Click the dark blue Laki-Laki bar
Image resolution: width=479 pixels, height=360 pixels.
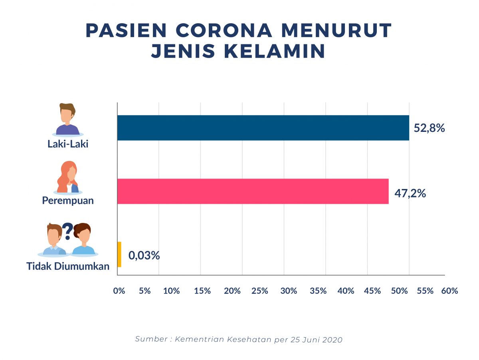click(x=263, y=128)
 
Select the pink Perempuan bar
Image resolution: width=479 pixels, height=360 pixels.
click(x=253, y=191)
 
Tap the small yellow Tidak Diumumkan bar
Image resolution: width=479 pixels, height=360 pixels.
click(x=119, y=255)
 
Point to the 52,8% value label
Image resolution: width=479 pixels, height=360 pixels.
click(x=430, y=129)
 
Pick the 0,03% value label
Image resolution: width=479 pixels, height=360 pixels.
click(x=144, y=256)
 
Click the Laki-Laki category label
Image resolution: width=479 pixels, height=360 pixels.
click(x=68, y=144)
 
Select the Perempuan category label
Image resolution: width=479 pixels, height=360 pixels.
click(x=68, y=200)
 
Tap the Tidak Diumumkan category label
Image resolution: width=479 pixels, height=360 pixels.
click(x=68, y=266)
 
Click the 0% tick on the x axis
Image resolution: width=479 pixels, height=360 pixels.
click(x=119, y=291)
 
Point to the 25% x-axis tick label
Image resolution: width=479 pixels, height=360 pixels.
click(x=260, y=291)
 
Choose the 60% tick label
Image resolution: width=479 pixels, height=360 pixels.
click(x=449, y=291)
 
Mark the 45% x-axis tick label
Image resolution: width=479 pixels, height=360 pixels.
click(x=372, y=291)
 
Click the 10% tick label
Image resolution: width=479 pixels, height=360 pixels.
click(x=172, y=291)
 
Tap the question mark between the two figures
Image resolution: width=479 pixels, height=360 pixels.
click(x=67, y=231)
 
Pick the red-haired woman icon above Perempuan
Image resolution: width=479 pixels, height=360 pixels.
click(x=68, y=177)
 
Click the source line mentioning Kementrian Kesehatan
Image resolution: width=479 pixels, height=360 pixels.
click(x=239, y=339)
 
